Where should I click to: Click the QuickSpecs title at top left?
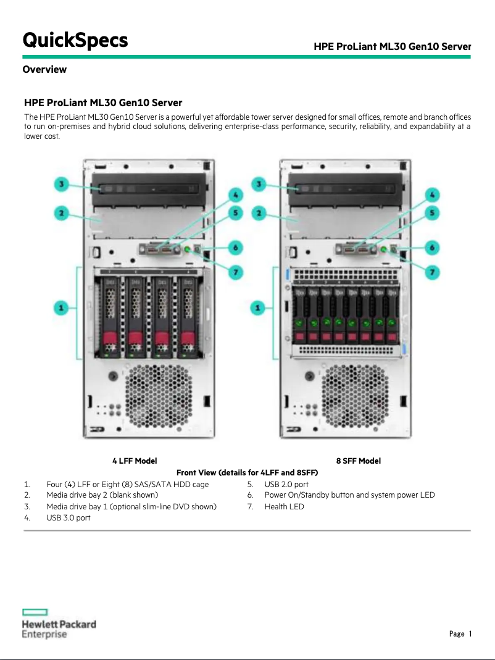coord(75,40)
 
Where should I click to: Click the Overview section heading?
coord(44,69)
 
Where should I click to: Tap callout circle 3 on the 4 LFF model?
coord(61,183)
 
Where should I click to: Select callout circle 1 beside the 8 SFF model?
coord(259,307)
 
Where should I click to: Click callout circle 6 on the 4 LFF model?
coord(235,248)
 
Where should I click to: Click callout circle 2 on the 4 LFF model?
coord(61,214)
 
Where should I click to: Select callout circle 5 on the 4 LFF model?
coord(235,212)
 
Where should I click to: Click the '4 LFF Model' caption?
coord(134,461)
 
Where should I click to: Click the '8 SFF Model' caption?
coord(358,461)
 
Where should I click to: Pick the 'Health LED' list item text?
coord(284,507)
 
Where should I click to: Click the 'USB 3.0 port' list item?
coord(69,518)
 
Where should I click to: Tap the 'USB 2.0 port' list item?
coord(286,485)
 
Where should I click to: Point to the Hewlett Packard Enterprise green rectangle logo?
coord(35,612)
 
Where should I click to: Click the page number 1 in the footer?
coord(470,634)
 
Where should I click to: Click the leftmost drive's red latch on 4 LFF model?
coord(110,339)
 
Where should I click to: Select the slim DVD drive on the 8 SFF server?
coord(346,185)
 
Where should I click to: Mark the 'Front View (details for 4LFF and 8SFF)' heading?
coord(247,473)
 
